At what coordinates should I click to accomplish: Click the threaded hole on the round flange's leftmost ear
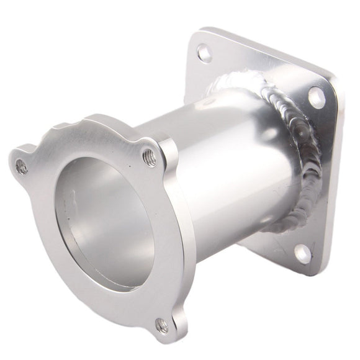22,166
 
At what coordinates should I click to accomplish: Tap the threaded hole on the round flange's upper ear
149,158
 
